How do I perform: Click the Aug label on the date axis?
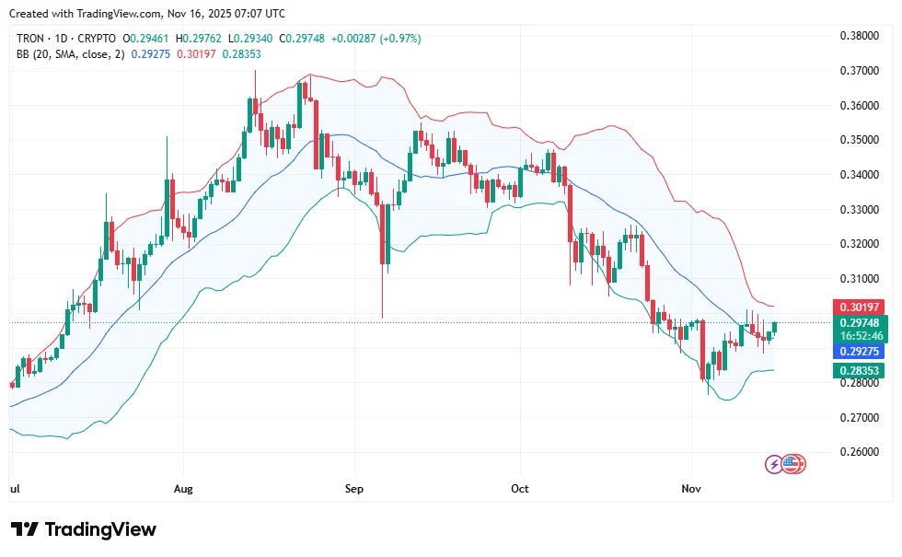pos(183,489)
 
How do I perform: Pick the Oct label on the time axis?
pos(520,489)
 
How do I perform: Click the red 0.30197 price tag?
pos(859,307)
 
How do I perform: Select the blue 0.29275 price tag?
pos(859,352)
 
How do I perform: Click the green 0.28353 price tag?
pos(859,371)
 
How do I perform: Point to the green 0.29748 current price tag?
pos(859,323)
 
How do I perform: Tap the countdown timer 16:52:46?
pos(859,336)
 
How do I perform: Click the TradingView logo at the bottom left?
pos(84,529)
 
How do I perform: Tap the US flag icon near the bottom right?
pos(794,464)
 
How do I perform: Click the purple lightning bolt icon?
pos(776,464)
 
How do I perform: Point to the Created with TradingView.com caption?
pos(145,13)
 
